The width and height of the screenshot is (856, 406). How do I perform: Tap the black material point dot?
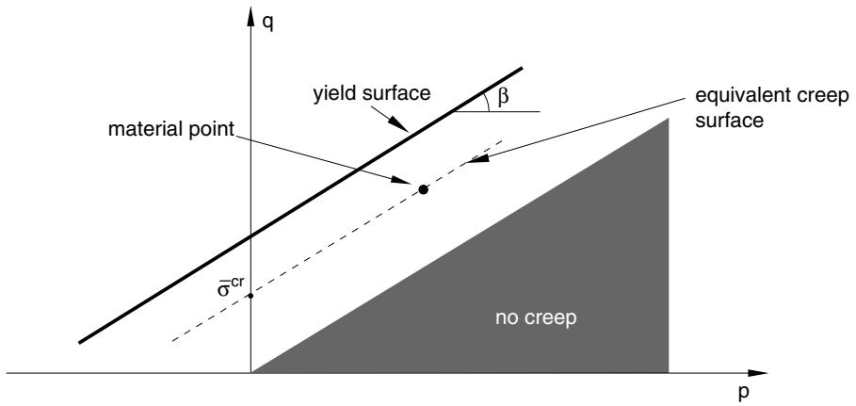pyautogui.click(x=423, y=189)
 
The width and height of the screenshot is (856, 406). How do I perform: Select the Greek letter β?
pyautogui.click(x=504, y=97)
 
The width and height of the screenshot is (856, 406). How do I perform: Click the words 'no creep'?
pyautogui.click(x=536, y=318)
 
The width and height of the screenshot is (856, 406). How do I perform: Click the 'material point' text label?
pyautogui.click(x=170, y=129)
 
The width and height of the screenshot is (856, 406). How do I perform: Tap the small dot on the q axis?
pyautogui.click(x=250, y=296)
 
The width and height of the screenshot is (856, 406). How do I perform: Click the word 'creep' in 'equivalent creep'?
pyautogui.click(x=823, y=98)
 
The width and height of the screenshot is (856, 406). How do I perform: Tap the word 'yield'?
pyautogui.click(x=333, y=93)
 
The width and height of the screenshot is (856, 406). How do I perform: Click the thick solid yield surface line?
pyautogui.click(x=300, y=205)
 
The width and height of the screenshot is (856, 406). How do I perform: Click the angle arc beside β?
pyautogui.click(x=487, y=102)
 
